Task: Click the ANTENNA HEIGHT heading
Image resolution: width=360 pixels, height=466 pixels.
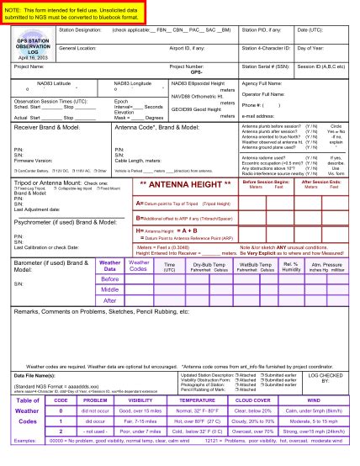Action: (186, 182)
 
